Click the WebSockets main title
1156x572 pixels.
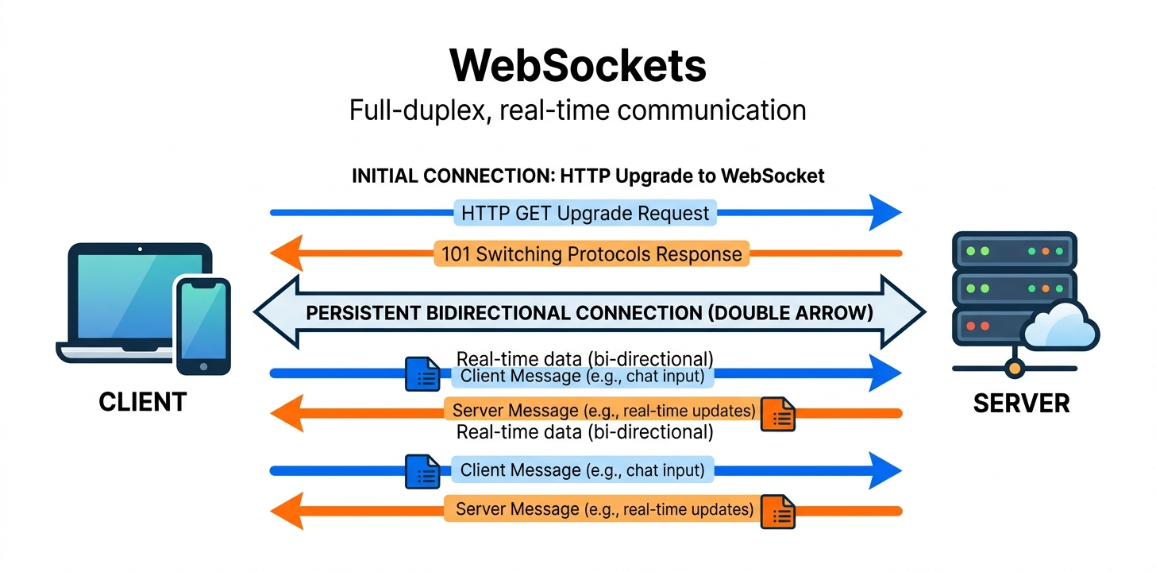click(x=577, y=66)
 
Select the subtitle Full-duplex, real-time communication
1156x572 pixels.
click(x=577, y=110)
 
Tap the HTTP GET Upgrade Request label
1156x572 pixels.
click(x=585, y=213)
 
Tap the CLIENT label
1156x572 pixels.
click(x=143, y=402)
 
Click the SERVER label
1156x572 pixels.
click(x=1021, y=403)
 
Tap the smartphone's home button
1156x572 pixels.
click(x=202, y=366)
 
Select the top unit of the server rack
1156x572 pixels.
click(x=1014, y=251)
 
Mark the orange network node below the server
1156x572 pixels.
click(x=1014, y=369)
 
